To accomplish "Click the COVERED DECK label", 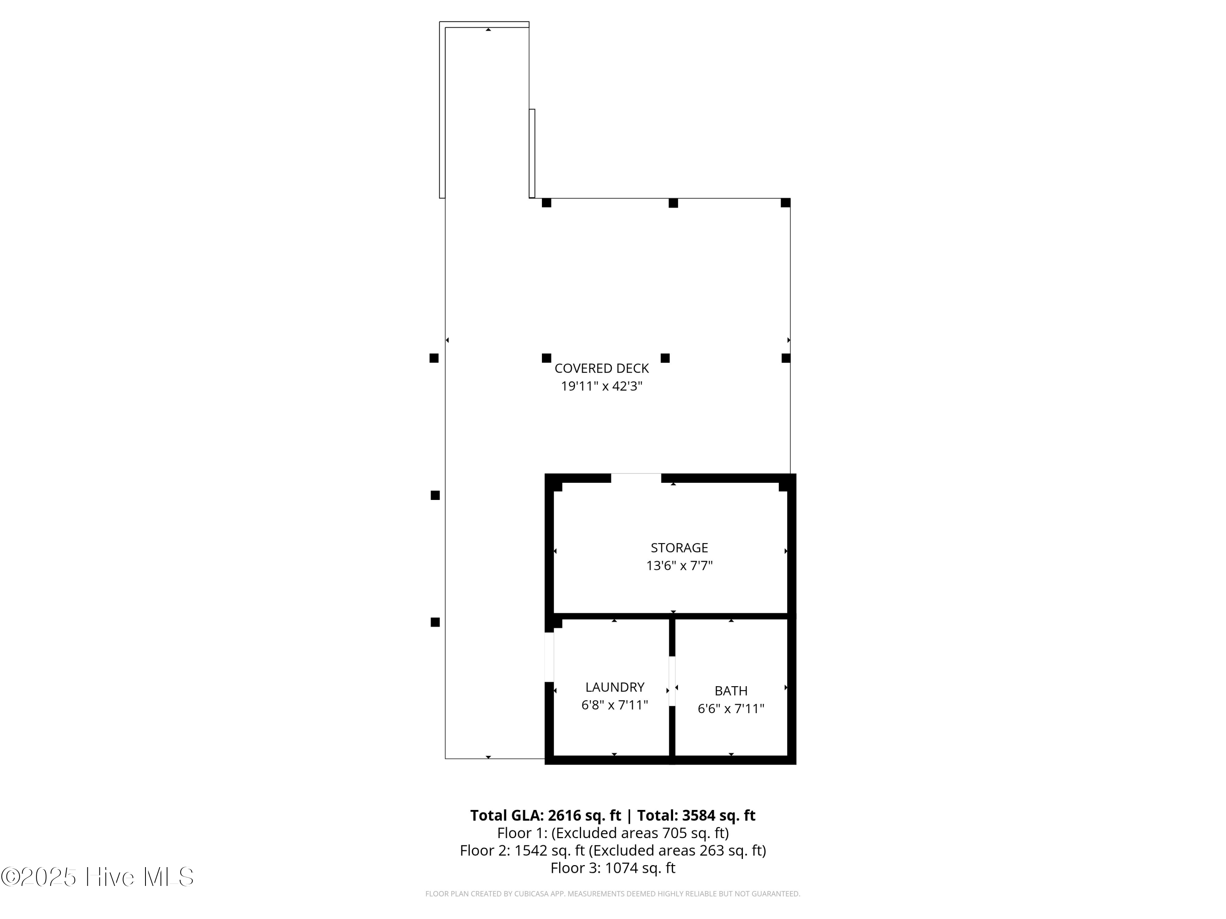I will tap(602, 368).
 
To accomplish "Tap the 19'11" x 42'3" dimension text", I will tap(602, 386).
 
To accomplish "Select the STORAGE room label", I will tap(679, 548).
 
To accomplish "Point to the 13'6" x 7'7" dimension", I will tap(679, 566).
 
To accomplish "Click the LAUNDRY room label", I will tap(615, 687).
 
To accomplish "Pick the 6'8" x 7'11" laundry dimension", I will tap(615, 705).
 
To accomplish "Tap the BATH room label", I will tap(731, 691).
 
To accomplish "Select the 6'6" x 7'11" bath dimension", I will tap(731, 709).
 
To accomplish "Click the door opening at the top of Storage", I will tap(636, 478).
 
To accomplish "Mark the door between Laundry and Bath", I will tap(672, 681).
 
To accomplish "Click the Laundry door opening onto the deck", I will tap(549, 657).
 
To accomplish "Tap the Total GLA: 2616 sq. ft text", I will tap(546, 815).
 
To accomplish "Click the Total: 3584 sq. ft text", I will tap(696, 815).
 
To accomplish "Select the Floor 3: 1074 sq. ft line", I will tap(613, 868).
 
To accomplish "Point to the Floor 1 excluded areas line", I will tap(613, 833).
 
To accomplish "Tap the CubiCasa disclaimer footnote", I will tap(613, 894).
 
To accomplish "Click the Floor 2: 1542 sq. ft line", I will tap(613, 850).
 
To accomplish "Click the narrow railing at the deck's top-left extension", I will tap(442, 111).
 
